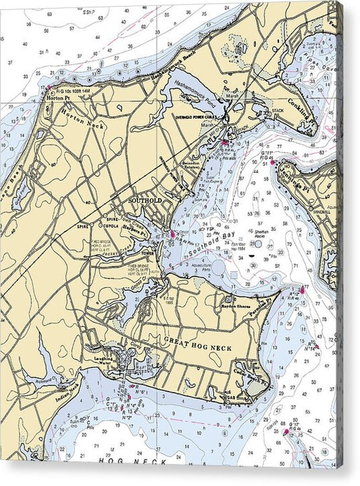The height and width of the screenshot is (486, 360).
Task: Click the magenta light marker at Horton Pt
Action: [x=48, y=88]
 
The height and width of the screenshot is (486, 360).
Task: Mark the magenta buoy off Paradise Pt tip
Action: [x=302, y=291]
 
